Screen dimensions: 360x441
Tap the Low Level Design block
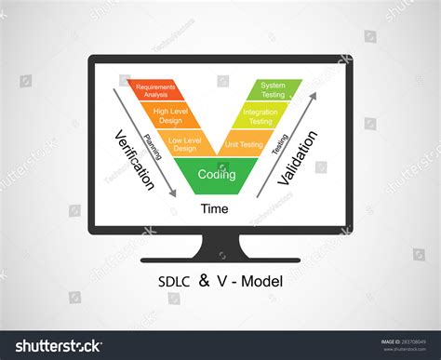[x=184, y=144]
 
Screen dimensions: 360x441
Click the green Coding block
[x=217, y=174]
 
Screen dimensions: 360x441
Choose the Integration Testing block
[x=261, y=116]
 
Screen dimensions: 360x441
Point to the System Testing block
[x=274, y=90]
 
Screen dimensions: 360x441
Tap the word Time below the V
[x=215, y=208]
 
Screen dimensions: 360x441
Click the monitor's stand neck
[x=220, y=245]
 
